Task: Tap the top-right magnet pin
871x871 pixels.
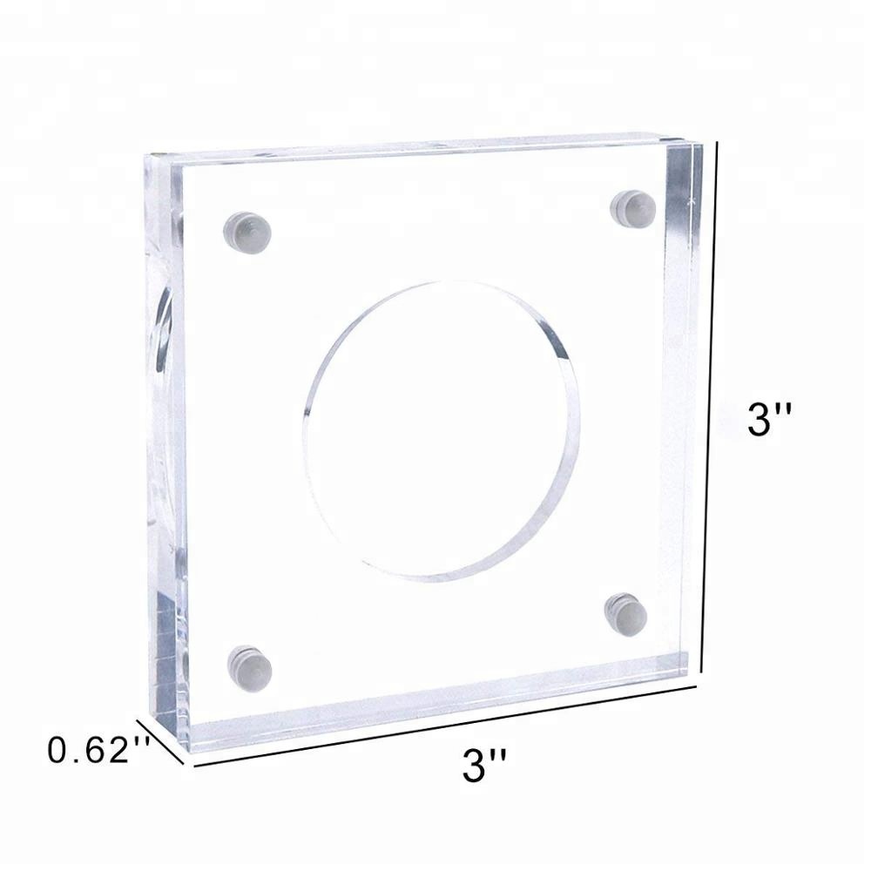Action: coord(633,206)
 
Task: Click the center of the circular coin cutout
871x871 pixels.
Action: coord(440,431)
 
